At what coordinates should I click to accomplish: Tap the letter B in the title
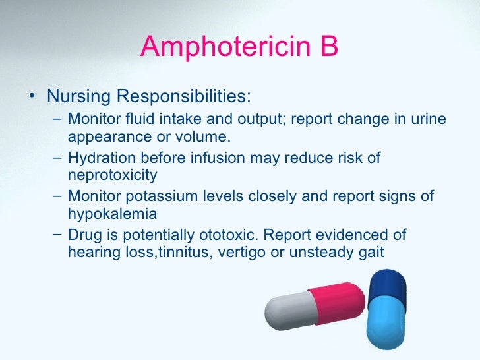coord(326,47)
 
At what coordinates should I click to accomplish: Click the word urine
coord(430,119)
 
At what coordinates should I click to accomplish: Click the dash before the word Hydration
coord(57,158)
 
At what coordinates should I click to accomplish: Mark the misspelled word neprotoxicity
coord(112,175)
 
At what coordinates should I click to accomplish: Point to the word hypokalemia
coord(112,214)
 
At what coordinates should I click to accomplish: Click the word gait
coord(370,253)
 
